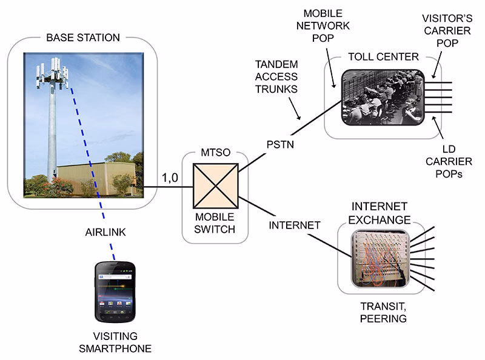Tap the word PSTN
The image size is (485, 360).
(x=280, y=145)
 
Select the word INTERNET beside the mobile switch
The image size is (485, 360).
(x=294, y=225)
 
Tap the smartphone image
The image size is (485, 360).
(x=115, y=292)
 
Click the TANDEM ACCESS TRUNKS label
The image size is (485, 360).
(x=276, y=77)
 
